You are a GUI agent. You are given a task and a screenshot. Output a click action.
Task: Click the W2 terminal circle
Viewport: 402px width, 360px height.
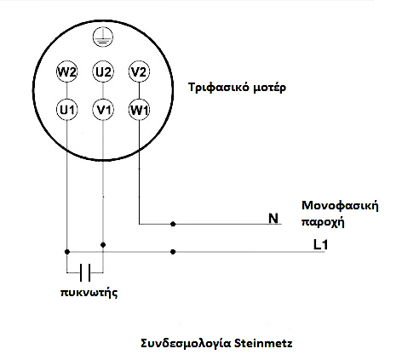67,71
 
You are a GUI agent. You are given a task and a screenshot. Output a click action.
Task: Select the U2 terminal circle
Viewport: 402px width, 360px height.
103,71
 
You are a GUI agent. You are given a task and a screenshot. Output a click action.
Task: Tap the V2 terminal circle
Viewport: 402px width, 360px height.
139,71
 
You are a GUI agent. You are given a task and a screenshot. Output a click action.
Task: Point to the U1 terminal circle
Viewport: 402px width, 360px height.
67,110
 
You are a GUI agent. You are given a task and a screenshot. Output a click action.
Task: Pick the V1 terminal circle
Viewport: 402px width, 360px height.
103,110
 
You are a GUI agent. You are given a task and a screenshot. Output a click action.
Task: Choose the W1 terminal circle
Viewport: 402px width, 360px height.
139,110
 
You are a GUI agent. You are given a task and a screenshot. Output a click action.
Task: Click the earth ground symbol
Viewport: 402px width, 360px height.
103,37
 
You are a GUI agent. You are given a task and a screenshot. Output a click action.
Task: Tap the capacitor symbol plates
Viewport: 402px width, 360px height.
85,272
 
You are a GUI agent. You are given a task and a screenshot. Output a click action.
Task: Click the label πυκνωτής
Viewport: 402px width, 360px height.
89,293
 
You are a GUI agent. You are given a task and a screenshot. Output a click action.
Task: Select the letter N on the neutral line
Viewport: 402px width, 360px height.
273,219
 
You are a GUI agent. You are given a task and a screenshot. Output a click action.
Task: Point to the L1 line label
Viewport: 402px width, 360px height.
320,244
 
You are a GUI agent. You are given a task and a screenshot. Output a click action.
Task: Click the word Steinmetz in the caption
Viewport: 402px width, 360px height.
263,343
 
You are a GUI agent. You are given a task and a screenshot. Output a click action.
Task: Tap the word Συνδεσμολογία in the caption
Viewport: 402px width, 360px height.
186,344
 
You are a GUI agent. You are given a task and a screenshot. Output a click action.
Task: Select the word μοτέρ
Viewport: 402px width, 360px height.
269,88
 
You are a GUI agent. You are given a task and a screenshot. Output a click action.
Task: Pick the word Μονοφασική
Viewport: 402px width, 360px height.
340,206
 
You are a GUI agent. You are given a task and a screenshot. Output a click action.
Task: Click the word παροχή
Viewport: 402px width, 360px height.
323,222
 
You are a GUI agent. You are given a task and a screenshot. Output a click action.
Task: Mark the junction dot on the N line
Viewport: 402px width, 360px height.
173,224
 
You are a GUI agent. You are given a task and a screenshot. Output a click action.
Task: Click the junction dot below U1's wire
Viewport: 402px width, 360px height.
67,252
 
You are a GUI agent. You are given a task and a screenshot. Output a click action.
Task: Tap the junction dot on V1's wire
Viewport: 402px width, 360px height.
103,244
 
